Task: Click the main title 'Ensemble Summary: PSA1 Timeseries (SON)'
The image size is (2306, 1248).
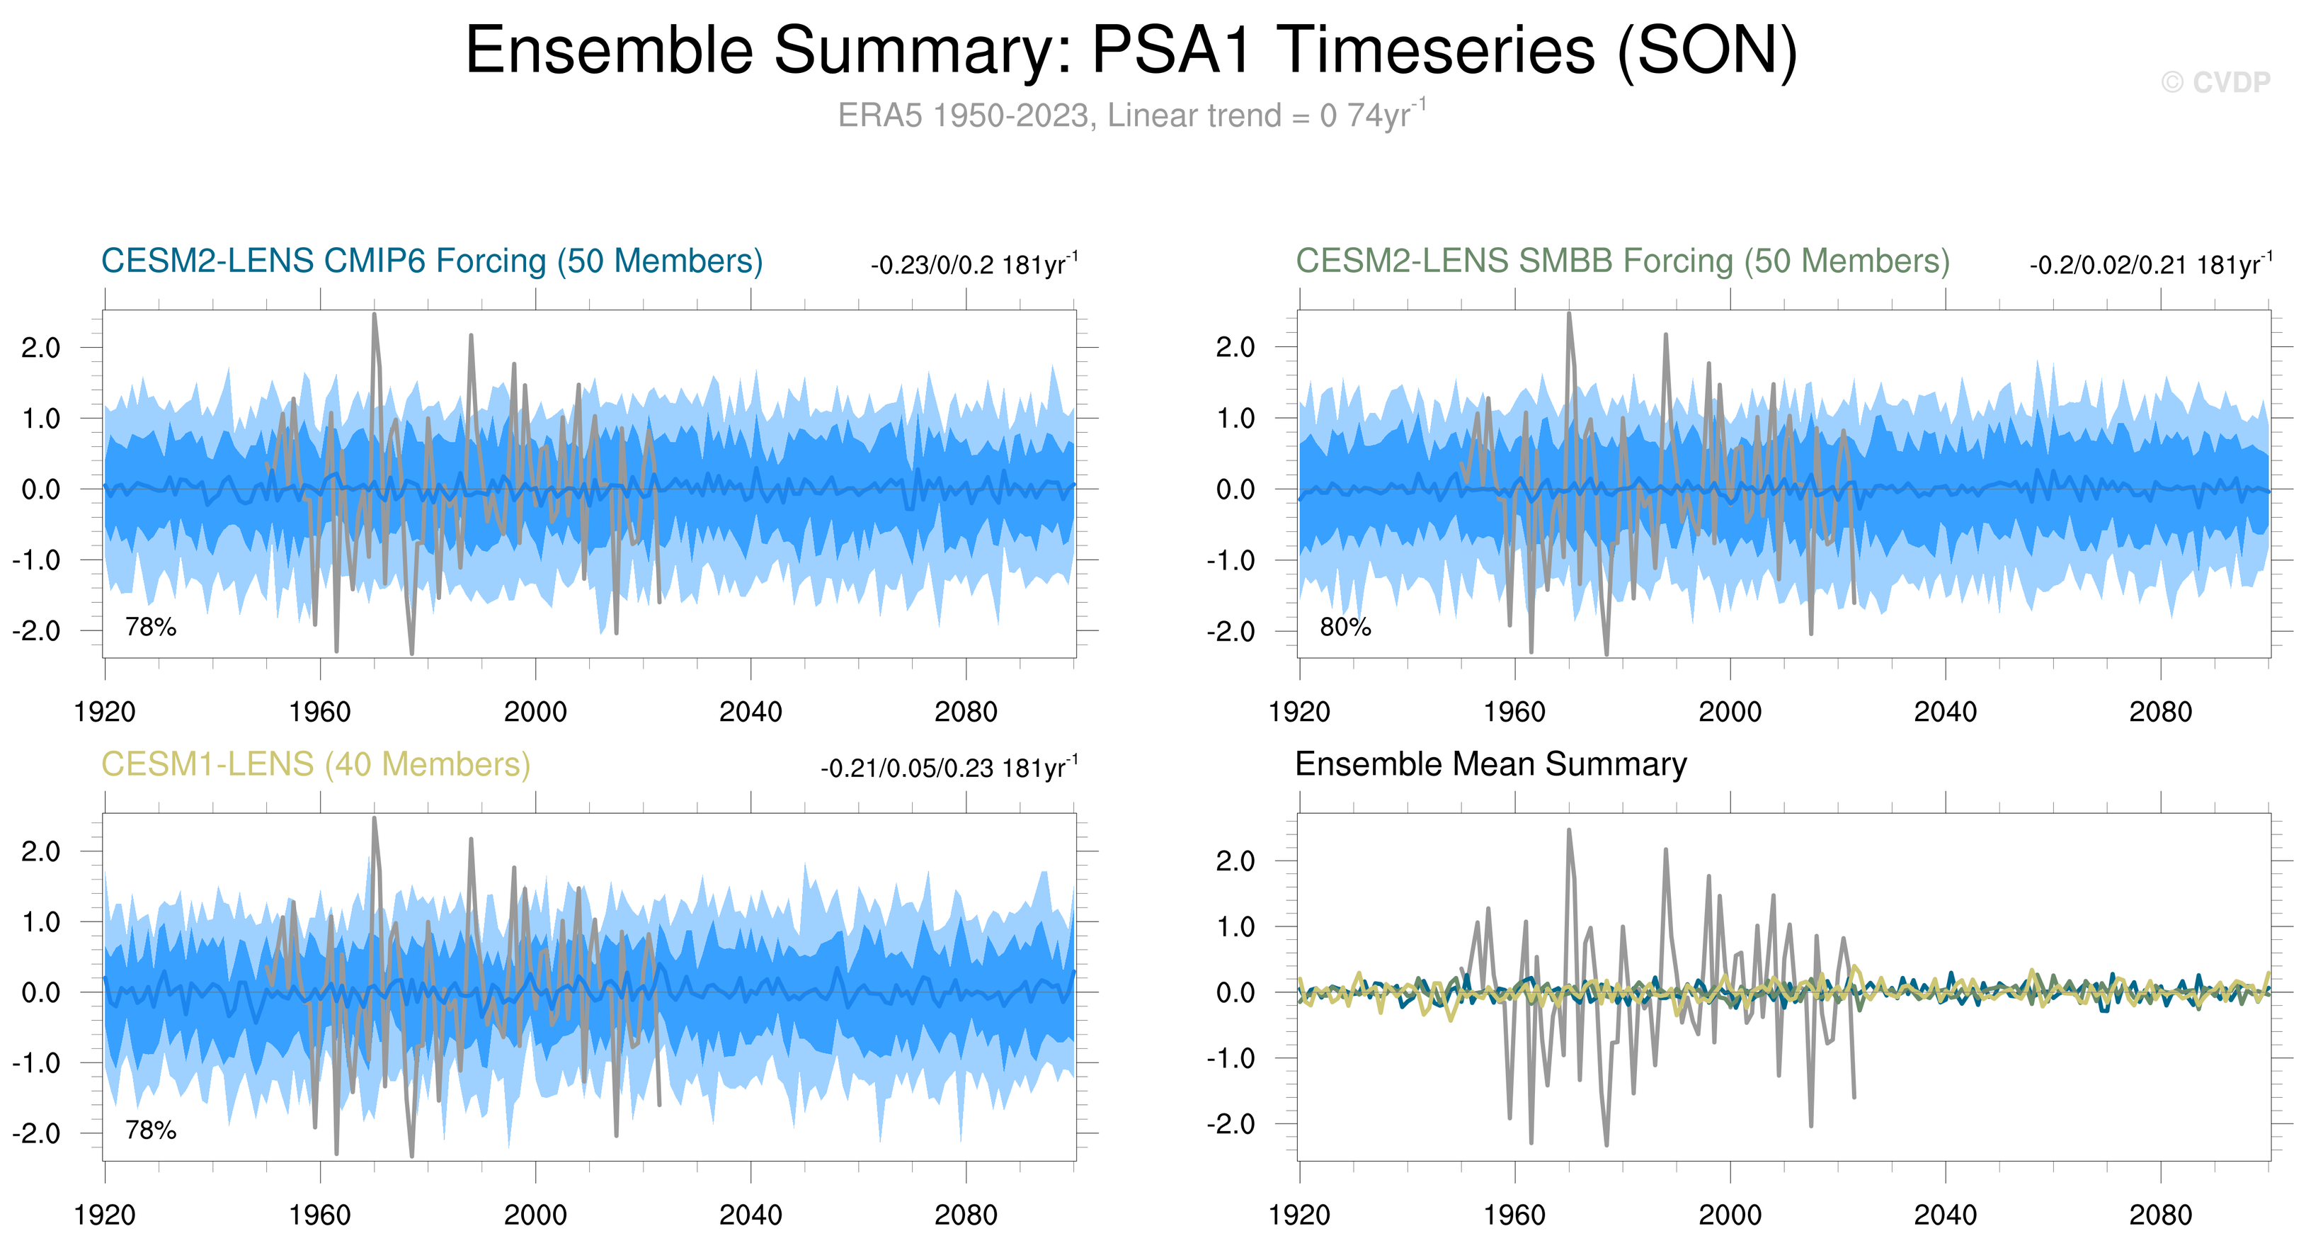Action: click(1131, 50)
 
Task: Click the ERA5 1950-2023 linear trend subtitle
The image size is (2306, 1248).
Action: click(1131, 115)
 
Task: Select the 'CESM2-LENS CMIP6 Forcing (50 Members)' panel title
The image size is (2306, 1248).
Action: click(431, 261)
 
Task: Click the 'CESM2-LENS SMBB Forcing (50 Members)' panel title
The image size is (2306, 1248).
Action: click(1622, 261)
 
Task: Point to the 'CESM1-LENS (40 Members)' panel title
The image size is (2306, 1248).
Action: click(315, 764)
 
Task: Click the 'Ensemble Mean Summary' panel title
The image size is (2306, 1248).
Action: click(1490, 764)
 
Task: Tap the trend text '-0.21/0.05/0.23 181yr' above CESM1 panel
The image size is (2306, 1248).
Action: click(948, 768)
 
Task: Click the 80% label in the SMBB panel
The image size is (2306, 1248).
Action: click(1345, 628)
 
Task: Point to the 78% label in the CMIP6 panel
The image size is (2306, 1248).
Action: click(150, 628)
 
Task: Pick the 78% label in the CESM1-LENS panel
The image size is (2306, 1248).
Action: click(150, 1130)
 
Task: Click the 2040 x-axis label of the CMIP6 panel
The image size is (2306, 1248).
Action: click(750, 713)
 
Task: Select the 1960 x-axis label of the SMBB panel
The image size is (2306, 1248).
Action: click(1514, 713)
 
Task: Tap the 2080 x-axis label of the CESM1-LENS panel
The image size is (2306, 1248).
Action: click(965, 1215)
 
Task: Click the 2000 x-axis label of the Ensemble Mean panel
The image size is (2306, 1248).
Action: click(1730, 1215)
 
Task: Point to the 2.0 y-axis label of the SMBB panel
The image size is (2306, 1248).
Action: click(1235, 347)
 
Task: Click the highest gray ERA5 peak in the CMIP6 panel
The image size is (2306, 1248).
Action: click(375, 315)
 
